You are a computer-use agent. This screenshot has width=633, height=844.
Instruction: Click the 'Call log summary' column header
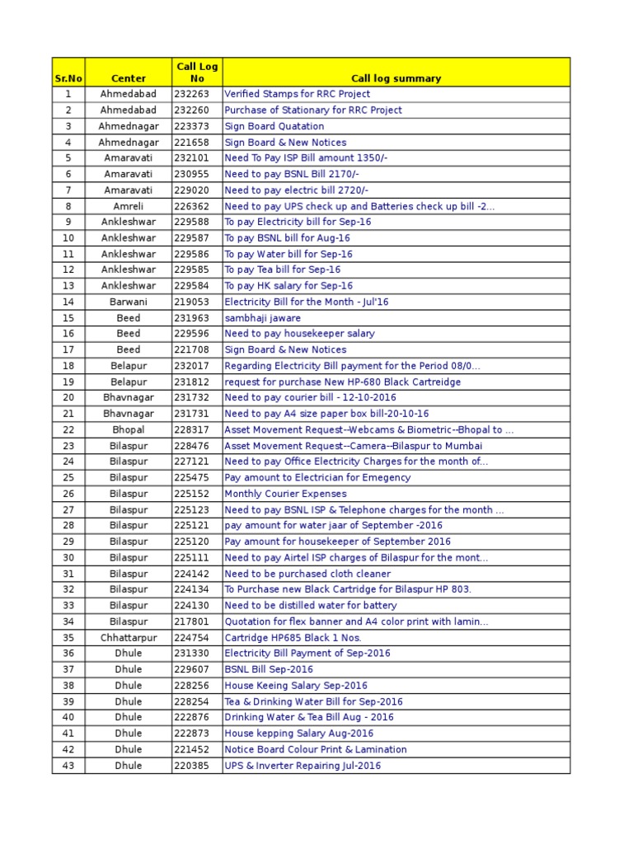(x=396, y=78)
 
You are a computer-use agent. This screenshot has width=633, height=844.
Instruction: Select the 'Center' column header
(x=128, y=78)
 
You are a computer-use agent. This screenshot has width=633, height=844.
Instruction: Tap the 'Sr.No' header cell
(x=68, y=78)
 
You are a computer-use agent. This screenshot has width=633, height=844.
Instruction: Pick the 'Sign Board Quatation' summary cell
(x=274, y=126)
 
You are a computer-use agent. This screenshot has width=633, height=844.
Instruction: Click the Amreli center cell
(x=128, y=206)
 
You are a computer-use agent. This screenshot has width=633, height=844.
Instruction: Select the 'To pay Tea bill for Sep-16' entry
(x=283, y=270)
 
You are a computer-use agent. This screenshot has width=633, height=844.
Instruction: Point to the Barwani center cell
(x=128, y=302)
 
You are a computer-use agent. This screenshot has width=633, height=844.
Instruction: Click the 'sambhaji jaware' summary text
(x=263, y=318)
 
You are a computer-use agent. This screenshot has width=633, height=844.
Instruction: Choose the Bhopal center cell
(x=128, y=429)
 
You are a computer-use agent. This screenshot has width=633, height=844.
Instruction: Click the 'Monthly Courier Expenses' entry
(x=286, y=494)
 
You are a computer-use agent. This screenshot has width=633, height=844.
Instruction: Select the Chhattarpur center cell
(x=128, y=637)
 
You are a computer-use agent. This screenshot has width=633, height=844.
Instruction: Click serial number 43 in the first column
(x=68, y=766)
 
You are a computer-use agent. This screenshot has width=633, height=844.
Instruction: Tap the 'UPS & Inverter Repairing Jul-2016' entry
(x=303, y=766)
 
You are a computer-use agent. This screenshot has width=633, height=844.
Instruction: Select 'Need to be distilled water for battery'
(x=311, y=605)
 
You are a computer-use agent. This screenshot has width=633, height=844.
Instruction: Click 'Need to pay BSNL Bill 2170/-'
(x=292, y=174)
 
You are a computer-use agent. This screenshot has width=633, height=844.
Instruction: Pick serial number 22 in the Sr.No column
(x=68, y=429)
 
